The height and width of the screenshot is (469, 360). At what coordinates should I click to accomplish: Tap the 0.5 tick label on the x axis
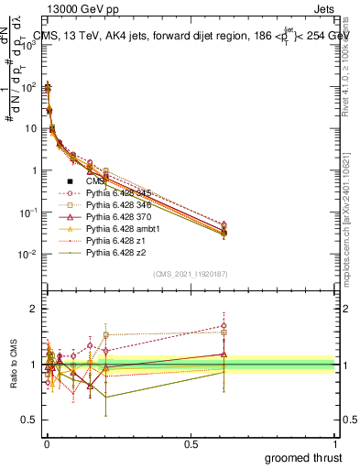pos(191,442)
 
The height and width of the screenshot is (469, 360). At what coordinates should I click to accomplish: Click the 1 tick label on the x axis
pos(334,442)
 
